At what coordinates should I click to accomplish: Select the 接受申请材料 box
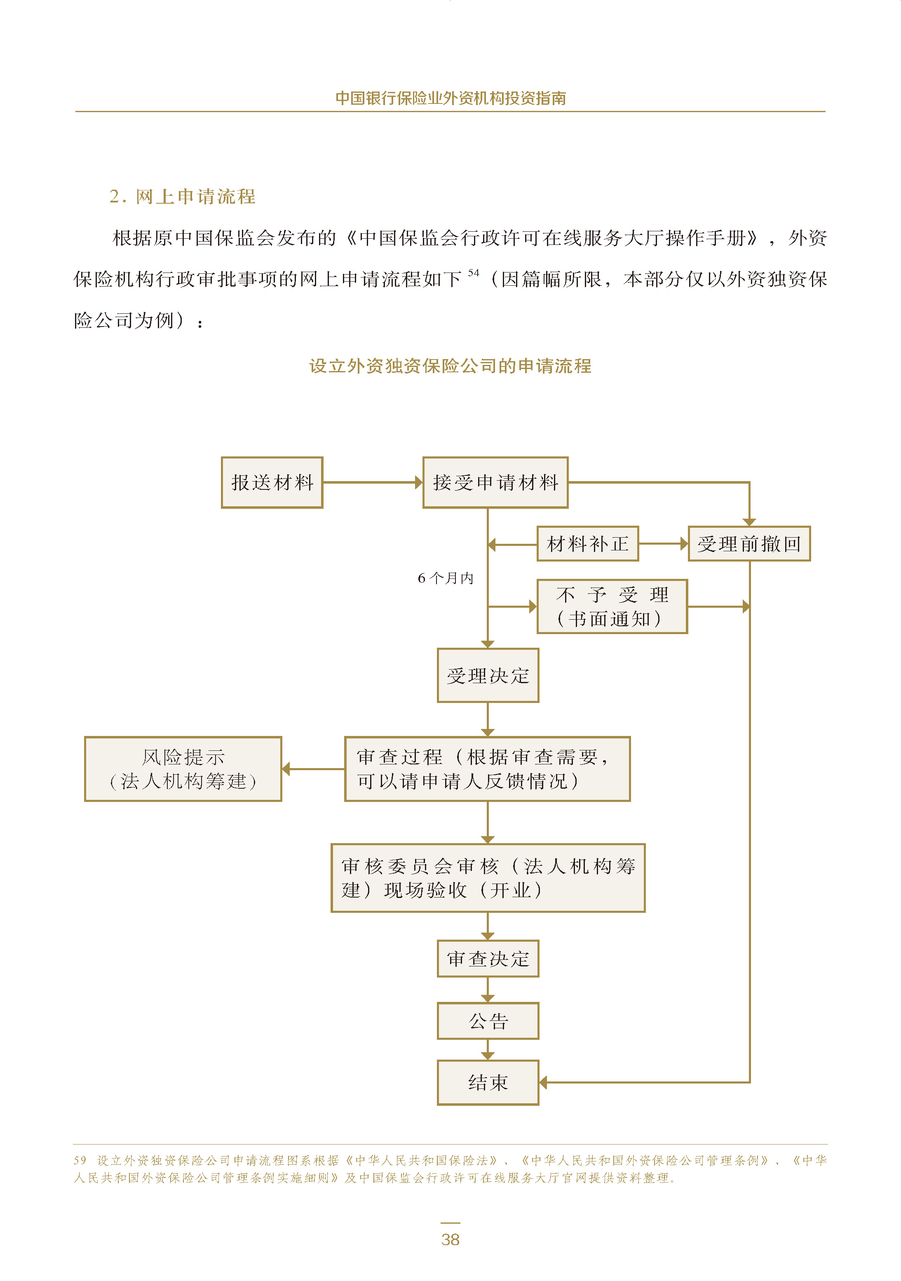(495, 483)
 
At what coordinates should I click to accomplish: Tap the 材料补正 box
(587, 543)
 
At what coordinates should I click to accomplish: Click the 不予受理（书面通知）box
(612, 606)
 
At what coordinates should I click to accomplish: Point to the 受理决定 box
(488, 675)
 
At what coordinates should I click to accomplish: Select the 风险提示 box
(183, 769)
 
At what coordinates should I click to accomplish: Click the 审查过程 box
(487, 769)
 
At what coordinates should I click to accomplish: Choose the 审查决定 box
(488, 959)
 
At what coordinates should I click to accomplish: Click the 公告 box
(488, 1021)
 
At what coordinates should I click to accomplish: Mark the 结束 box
(488, 1082)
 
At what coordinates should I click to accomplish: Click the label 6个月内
(445, 578)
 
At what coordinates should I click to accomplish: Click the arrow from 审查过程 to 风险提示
(313, 769)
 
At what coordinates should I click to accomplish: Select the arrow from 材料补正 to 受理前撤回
(663, 543)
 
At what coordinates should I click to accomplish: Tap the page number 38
(450, 1240)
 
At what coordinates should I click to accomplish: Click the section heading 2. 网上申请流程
(183, 196)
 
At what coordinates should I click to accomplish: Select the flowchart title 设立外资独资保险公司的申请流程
(450, 366)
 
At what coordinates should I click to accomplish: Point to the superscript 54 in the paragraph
(473, 273)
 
